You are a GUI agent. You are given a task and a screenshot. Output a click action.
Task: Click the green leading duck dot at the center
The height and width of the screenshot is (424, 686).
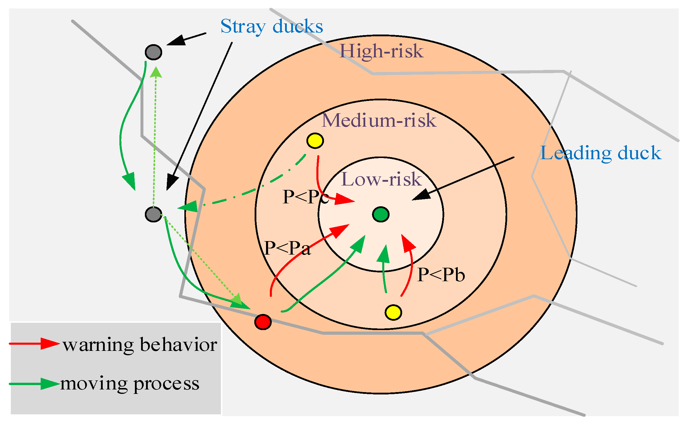(381, 214)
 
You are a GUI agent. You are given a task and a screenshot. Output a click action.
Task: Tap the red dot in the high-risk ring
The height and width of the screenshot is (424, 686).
(263, 322)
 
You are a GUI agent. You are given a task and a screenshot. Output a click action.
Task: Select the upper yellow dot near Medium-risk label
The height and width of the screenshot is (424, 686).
(315, 141)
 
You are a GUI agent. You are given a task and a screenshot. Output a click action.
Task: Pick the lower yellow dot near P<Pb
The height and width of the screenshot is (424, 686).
(393, 312)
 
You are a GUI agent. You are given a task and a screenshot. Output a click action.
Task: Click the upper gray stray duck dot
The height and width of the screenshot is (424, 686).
(153, 52)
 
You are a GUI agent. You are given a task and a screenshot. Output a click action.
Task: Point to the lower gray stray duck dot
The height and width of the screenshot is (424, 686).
(153, 214)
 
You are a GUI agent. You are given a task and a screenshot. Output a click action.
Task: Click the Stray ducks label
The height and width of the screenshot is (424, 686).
(272, 26)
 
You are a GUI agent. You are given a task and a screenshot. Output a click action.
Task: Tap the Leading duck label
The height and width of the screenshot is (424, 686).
(601, 153)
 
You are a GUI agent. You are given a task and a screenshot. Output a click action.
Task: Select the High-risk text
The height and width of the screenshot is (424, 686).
(381, 51)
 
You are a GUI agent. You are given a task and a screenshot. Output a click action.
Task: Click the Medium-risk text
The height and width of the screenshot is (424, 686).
(379, 120)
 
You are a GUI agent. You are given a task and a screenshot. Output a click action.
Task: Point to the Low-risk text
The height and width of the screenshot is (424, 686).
(381, 179)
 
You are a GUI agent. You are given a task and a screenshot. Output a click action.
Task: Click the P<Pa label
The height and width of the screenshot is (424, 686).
(287, 248)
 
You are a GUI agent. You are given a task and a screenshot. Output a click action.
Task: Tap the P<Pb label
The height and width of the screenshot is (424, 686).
(441, 275)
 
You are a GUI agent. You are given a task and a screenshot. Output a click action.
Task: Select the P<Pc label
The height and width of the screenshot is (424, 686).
(305, 197)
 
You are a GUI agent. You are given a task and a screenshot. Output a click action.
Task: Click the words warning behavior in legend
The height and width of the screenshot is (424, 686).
(140, 344)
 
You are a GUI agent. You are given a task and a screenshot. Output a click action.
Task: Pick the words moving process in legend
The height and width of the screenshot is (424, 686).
(130, 384)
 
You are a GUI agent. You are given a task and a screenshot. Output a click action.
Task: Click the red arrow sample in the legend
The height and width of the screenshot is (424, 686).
(35, 344)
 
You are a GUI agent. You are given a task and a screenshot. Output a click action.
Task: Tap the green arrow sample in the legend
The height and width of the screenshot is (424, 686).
(35, 384)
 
